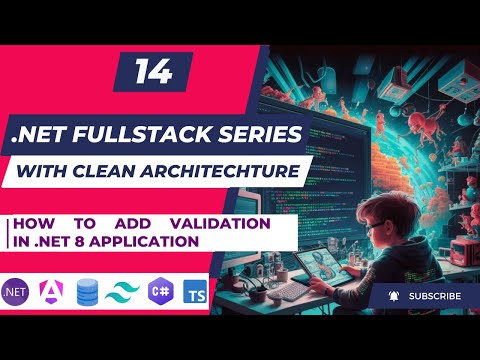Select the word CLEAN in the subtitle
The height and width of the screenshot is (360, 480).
tap(121, 171)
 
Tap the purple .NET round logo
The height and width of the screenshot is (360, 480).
tap(19, 291)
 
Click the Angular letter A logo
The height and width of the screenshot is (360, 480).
tap(52, 292)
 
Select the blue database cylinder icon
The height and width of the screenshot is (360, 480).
tap(87, 292)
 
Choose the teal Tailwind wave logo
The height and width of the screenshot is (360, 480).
tap(122, 292)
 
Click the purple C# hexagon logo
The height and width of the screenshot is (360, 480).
tap(158, 292)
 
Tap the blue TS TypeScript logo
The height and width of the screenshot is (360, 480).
tap(193, 292)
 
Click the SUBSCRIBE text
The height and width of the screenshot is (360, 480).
tap(435, 297)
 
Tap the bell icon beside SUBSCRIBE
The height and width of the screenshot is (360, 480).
tap(394, 297)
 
